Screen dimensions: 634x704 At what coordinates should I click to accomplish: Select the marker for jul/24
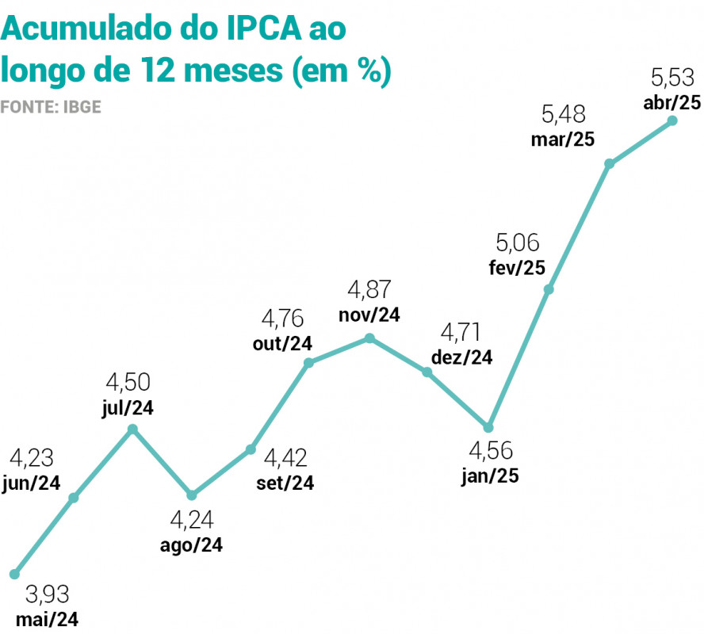pos(133,429)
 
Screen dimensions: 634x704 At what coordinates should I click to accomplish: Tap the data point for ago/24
pos(191,495)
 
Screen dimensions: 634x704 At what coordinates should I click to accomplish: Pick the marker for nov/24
pos(369,338)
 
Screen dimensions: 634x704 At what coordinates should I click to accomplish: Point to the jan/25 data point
pos(489,427)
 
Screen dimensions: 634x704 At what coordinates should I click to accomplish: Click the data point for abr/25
pos(672,120)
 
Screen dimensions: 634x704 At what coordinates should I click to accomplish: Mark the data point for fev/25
pos(548,289)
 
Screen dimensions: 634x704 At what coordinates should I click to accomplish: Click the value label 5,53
pos(672,78)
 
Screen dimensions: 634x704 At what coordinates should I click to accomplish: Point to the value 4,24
pos(192,521)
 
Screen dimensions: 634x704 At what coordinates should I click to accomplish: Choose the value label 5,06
pos(518,242)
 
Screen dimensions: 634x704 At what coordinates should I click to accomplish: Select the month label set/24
pos(285,483)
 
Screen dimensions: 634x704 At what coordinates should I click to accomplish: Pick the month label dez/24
pos(462,357)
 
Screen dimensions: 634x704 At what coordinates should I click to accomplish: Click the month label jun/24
pos(32,483)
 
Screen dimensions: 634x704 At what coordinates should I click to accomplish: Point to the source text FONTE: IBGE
pos(51,105)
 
